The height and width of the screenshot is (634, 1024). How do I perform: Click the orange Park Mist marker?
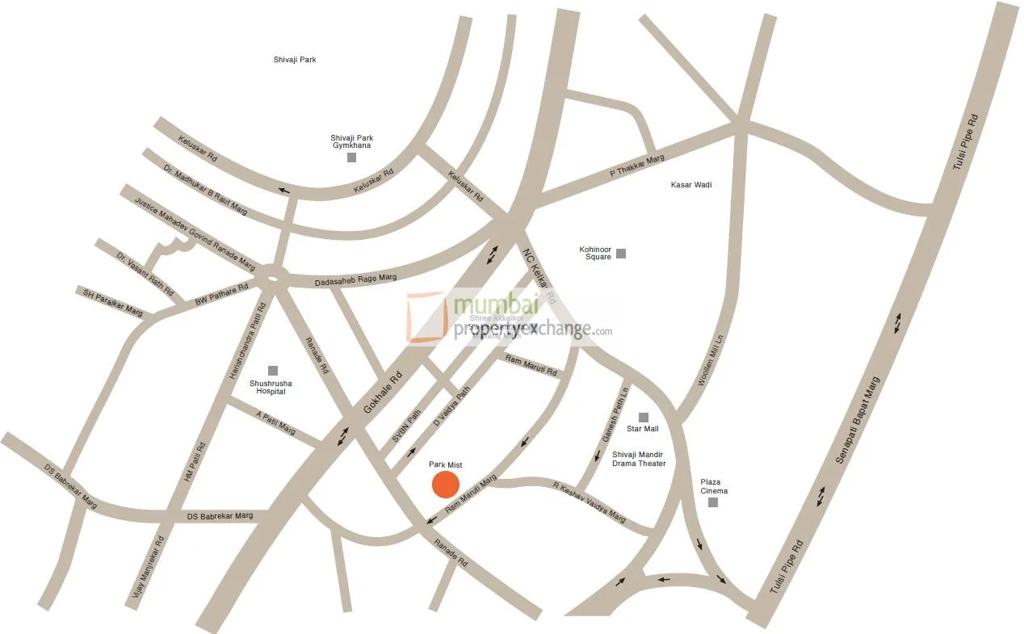pos(445,485)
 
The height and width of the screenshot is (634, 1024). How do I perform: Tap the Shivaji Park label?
pos(295,60)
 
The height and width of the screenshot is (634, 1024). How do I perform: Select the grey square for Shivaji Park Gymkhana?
pos(351,157)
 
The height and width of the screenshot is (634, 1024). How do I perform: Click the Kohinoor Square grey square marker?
pos(621,254)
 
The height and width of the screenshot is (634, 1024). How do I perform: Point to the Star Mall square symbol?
pos(644,417)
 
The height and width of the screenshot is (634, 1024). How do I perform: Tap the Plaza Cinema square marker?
pos(713,502)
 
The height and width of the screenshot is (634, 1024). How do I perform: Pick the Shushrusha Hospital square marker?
pos(273,371)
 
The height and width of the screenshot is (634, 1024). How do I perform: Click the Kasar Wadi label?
pos(691,185)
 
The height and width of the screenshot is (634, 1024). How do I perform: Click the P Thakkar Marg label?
pos(636,166)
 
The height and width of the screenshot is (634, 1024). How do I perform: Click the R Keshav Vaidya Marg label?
pos(589,502)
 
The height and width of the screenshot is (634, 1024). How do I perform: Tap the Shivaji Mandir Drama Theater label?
pos(639,459)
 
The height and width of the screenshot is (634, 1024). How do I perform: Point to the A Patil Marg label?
pos(275,423)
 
